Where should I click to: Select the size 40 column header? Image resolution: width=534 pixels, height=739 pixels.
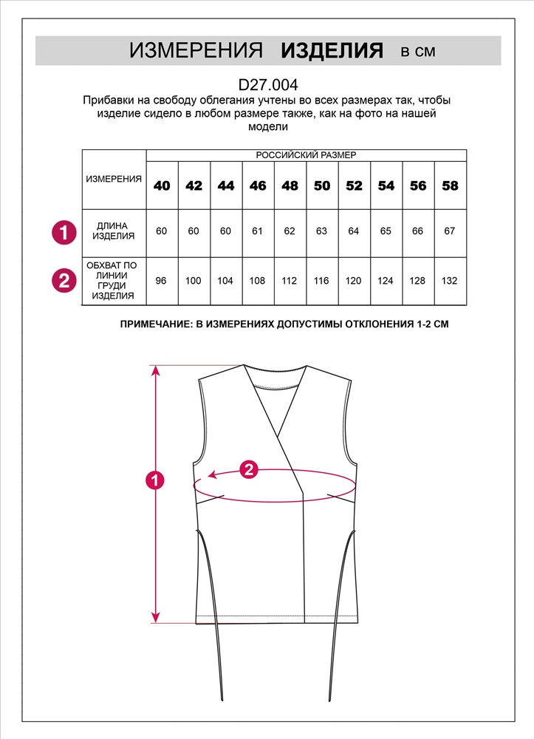pyautogui.click(x=162, y=185)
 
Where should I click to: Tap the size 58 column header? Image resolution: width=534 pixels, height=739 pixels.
pyautogui.click(x=450, y=185)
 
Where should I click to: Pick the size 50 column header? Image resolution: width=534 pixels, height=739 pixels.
pyautogui.click(x=322, y=185)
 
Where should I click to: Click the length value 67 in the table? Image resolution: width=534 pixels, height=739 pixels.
pyautogui.click(x=450, y=231)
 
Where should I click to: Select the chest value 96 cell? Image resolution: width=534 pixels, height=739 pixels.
pyautogui.click(x=162, y=281)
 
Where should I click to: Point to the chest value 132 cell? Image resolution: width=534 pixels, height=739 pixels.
pyautogui.click(x=450, y=281)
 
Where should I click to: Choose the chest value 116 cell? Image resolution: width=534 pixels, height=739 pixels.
pyautogui.click(x=322, y=281)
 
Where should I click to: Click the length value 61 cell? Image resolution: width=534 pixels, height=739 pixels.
pyautogui.click(x=258, y=231)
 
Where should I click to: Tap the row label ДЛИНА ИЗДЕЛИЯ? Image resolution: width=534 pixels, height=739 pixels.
pyautogui.click(x=114, y=231)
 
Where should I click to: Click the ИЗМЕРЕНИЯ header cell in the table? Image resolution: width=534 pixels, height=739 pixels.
pyautogui.click(x=114, y=180)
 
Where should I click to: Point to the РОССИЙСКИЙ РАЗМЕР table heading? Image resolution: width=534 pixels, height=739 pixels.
pyautogui.click(x=306, y=155)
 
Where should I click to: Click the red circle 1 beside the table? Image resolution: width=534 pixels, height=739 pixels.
pyautogui.click(x=64, y=232)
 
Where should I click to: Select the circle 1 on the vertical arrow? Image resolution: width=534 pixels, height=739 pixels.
pyautogui.click(x=155, y=480)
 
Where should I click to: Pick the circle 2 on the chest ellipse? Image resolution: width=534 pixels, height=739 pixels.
pyautogui.click(x=249, y=469)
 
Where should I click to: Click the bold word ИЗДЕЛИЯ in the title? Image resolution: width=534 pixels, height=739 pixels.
pyautogui.click(x=332, y=50)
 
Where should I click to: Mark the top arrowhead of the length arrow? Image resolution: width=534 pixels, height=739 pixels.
pyautogui.click(x=155, y=369)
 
